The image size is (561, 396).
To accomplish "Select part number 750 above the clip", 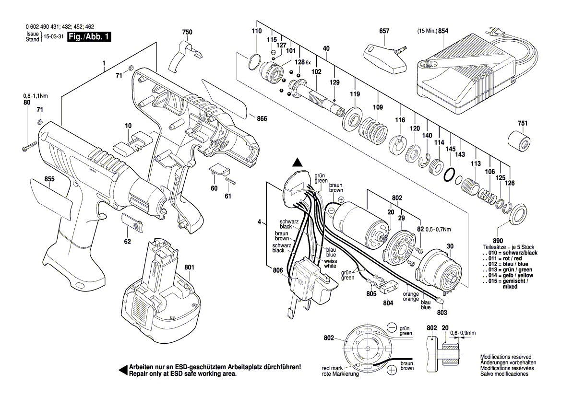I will tap(187, 32).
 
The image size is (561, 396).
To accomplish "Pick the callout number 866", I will tap(262, 118).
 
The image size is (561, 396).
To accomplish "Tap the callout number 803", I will tap(442, 313).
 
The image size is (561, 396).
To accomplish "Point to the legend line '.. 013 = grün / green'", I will tap(509, 270).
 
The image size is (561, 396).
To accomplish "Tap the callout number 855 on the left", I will tap(49, 179).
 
